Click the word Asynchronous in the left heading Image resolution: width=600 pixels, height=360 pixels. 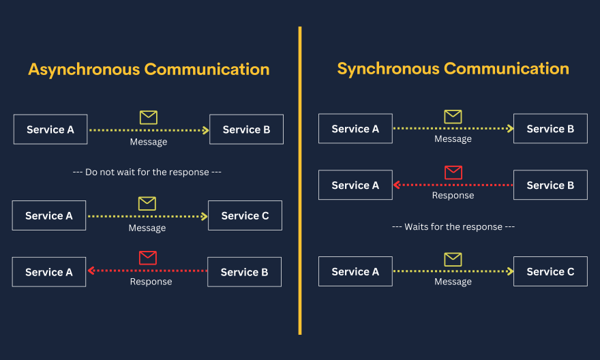tap(84, 70)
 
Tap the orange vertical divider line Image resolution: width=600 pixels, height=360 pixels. tap(300, 181)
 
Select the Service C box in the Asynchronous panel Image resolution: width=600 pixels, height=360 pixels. tap(245, 215)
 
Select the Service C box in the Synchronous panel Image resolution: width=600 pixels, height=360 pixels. tap(550, 271)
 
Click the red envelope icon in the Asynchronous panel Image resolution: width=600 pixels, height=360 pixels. tap(148, 258)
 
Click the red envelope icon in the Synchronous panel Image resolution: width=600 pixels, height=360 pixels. tap(453, 172)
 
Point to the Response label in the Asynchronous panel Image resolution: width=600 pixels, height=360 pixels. tap(151, 282)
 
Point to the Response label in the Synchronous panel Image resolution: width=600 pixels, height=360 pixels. tap(453, 196)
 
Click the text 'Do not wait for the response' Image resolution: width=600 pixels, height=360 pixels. tap(147, 172)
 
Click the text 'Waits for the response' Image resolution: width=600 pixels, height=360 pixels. tap(453, 227)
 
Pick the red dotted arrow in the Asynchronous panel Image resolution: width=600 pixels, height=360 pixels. tap(147, 271)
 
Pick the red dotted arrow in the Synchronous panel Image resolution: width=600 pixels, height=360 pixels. tap(453, 185)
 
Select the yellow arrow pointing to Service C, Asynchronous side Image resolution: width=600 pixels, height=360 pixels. tap(148, 217)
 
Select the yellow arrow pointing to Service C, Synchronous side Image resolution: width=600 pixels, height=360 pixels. tap(453, 271)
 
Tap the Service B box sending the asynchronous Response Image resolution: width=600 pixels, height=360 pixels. tap(244, 271)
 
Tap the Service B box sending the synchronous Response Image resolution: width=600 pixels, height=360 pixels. tap(550, 185)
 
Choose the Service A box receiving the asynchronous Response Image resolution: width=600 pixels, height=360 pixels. tap(49, 271)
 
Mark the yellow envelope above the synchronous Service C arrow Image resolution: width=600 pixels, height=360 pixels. tap(453, 259)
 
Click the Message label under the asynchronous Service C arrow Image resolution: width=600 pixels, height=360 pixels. tap(147, 228)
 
